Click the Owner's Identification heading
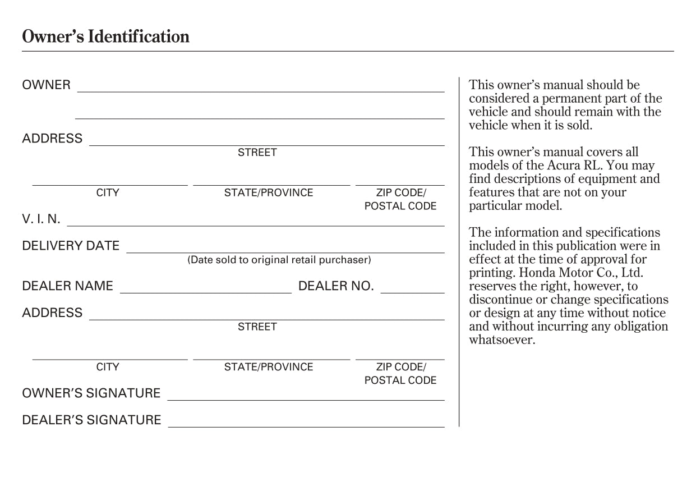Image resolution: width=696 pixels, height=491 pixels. (105, 37)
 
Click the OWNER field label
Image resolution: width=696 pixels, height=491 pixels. (47, 85)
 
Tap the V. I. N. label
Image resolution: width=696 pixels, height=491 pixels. (41, 219)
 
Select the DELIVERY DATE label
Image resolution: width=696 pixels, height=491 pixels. (71, 246)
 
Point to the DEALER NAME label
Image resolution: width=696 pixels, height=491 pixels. (67, 286)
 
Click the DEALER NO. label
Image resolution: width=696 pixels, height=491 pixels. (336, 286)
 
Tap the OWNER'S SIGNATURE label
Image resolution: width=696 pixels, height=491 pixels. (91, 393)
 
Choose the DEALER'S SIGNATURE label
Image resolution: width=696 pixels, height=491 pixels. (91, 420)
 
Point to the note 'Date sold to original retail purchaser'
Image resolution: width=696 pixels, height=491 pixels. (279, 260)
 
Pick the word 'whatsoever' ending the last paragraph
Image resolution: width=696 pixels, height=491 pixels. (502, 340)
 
